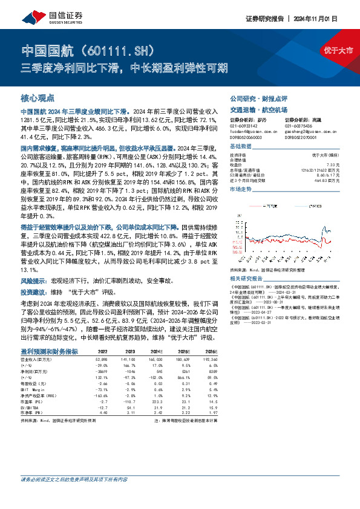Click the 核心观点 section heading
(38, 97)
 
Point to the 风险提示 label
(34, 264)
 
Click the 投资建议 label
(34, 274)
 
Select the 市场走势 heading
(240, 189)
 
